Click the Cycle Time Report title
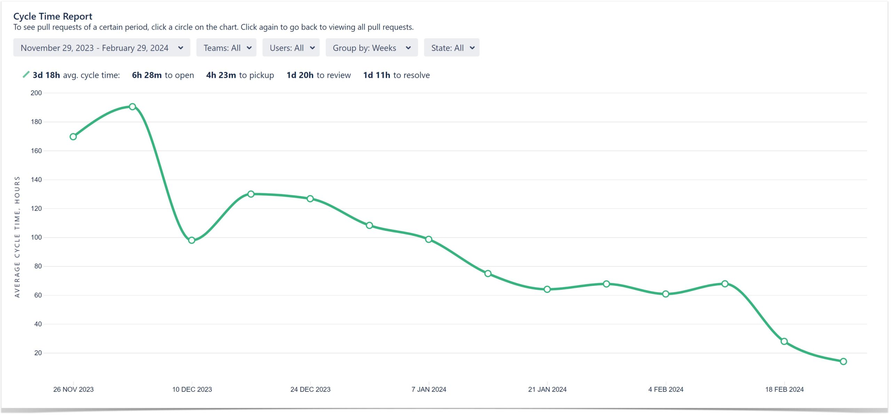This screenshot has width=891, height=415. pyautogui.click(x=53, y=16)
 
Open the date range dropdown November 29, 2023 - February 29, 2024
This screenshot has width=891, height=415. pyautogui.click(x=102, y=48)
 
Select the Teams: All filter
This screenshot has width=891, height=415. pyautogui.click(x=226, y=48)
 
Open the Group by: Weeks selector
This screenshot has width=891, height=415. pyautogui.click(x=371, y=48)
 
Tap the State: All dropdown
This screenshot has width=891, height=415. pyautogui.click(x=451, y=48)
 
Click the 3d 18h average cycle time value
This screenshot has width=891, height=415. pyautogui.click(x=46, y=75)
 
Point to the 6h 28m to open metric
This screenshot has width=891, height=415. pyautogui.click(x=163, y=75)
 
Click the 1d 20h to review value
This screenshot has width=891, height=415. pyautogui.click(x=318, y=75)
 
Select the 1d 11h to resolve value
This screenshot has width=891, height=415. pyautogui.click(x=396, y=75)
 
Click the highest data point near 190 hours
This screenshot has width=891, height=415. pyautogui.click(x=132, y=107)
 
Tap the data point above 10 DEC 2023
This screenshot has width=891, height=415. pyautogui.click(x=191, y=240)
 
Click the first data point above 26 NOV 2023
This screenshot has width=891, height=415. pyautogui.click(x=73, y=137)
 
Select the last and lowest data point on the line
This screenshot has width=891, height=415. pyautogui.click(x=843, y=361)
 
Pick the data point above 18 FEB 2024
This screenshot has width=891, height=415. pyautogui.click(x=784, y=342)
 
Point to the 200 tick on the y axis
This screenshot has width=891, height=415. pyautogui.click(x=36, y=93)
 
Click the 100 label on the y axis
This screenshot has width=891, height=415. pyautogui.click(x=36, y=237)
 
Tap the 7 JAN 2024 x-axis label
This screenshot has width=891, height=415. pyautogui.click(x=428, y=389)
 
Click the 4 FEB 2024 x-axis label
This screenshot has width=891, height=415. pyautogui.click(x=665, y=389)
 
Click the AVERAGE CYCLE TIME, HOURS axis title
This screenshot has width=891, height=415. pyautogui.click(x=17, y=237)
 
